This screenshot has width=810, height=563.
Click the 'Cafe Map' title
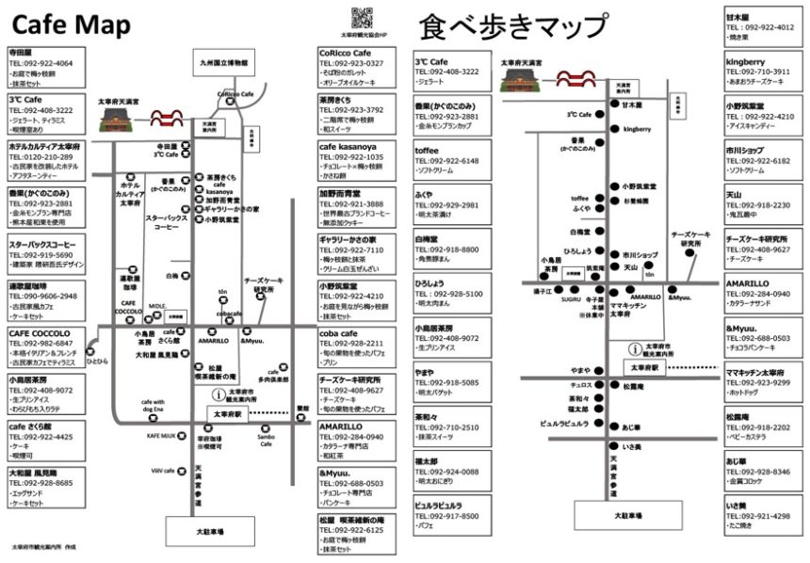pyautogui.click(x=71, y=23)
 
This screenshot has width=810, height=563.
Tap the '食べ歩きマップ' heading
pyautogui.click(x=512, y=25)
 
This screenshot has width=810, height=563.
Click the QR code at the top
pyautogui.click(x=358, y=16)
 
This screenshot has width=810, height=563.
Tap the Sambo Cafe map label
pyautogui.click(x=267, y=442)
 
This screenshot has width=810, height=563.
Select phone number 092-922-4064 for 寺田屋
pyautogui.click(x=41, y=63)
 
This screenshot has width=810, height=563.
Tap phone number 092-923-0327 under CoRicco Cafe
pyautogui.click(x=351, y=63)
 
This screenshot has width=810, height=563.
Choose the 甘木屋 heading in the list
pyautogui.click(x=737, y=17)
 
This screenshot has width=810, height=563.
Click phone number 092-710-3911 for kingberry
pyautogui.click(x=759, y=72)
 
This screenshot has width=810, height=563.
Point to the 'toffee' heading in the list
pyautogui.click(x=427, y=150)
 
